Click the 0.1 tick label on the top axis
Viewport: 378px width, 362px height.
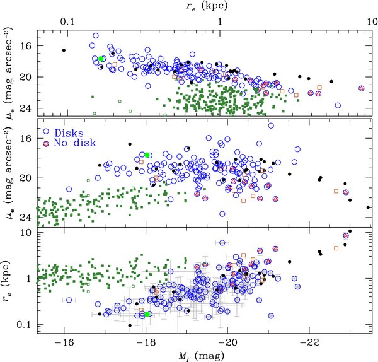tap(67, 20)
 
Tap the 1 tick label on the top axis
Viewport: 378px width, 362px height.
tap(220, 20)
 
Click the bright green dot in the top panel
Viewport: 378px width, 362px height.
tap(101, 59)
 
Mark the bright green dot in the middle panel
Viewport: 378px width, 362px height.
tap(147, 155)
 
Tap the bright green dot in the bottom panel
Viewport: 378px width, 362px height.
tap(147, 314)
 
